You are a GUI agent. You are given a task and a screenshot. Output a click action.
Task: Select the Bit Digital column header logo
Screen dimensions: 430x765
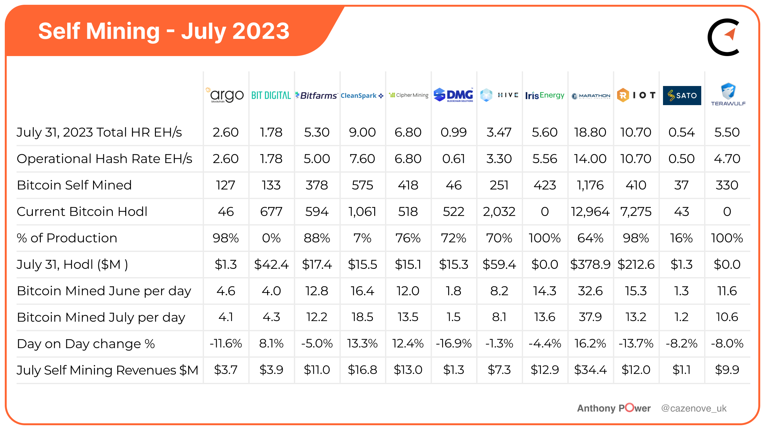(271, 96)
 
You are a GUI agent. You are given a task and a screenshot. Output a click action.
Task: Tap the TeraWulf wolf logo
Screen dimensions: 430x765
(728, 95)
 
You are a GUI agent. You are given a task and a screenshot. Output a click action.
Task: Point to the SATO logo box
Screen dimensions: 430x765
(682, 96)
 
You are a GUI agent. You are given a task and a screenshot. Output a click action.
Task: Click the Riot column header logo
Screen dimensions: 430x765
(636, 95)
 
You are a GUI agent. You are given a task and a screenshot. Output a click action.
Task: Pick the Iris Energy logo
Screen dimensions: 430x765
(545, 96)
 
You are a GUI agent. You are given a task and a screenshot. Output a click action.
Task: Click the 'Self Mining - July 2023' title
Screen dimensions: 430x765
(164, 31)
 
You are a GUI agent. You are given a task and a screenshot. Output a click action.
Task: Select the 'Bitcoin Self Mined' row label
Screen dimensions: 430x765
(74, 185)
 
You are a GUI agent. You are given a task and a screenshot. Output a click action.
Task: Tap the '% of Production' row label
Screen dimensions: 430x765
(67, 238)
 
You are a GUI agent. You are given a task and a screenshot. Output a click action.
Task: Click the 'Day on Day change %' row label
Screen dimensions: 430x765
(86, 344)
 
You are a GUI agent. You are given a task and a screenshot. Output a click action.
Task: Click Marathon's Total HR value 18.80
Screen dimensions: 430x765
(590, 132)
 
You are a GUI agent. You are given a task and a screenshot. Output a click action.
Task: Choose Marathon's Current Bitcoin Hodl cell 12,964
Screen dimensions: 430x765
(590, 211)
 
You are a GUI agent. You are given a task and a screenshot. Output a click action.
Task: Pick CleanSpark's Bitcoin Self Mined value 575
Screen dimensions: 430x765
(362, 185)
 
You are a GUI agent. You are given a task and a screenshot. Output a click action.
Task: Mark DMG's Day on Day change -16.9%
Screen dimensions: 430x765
(454, 343)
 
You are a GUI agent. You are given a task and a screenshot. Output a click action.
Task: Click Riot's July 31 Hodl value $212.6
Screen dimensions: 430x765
(636, 264)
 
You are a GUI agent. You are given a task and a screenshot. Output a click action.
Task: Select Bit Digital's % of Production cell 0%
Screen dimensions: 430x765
(271, 238)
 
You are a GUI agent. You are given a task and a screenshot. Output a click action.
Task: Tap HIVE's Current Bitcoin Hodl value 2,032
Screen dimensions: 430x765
(499, 211)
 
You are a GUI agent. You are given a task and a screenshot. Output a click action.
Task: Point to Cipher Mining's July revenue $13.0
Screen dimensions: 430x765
(408, 370)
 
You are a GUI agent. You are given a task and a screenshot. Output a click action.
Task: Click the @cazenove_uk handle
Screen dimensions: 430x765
(694, 408)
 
